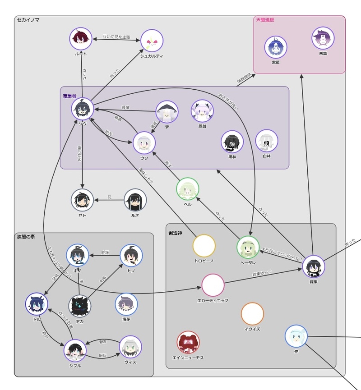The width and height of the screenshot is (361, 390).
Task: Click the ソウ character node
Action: pos(83,109)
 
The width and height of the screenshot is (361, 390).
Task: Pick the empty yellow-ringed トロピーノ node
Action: pos(204,246)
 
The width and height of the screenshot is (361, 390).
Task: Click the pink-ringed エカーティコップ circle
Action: pos(213,285)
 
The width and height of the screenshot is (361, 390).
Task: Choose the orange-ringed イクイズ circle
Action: pos(252,314)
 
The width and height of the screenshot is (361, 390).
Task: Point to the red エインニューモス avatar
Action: pos(188,342)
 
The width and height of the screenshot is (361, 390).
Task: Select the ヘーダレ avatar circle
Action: pos(248,247)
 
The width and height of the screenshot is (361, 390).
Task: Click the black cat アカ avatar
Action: pos(80,306)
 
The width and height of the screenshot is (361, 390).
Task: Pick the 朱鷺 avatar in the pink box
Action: pos(323,38)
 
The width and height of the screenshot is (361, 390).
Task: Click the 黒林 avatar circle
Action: pos(232,142)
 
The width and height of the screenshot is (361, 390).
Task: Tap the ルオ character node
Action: pos(135,200)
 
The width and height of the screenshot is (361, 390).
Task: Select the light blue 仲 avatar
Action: pos(296,336)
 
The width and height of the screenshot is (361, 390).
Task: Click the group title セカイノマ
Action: pos(28,20)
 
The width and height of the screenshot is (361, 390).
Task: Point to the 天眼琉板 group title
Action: pos(265,20)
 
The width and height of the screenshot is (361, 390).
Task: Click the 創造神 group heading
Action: pos(175,233)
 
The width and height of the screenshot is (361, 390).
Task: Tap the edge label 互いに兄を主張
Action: pos(116,37)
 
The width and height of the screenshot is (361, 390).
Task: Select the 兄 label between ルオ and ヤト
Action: pos(109,197)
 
